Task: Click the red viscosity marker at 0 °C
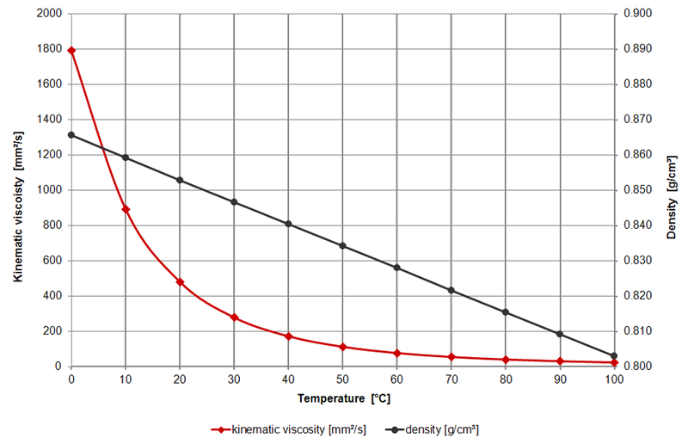71,51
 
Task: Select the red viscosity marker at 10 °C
126,209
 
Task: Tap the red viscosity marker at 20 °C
180,281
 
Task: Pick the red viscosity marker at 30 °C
234,318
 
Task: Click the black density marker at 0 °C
71,135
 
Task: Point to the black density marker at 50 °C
342,246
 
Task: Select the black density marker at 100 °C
614,355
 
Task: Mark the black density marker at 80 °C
506,312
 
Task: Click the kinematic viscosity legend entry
288,428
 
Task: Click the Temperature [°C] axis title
342,399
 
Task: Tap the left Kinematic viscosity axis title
18,190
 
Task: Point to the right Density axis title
671,190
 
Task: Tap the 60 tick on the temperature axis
396,379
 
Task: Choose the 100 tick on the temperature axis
614,379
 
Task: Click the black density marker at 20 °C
180,180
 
